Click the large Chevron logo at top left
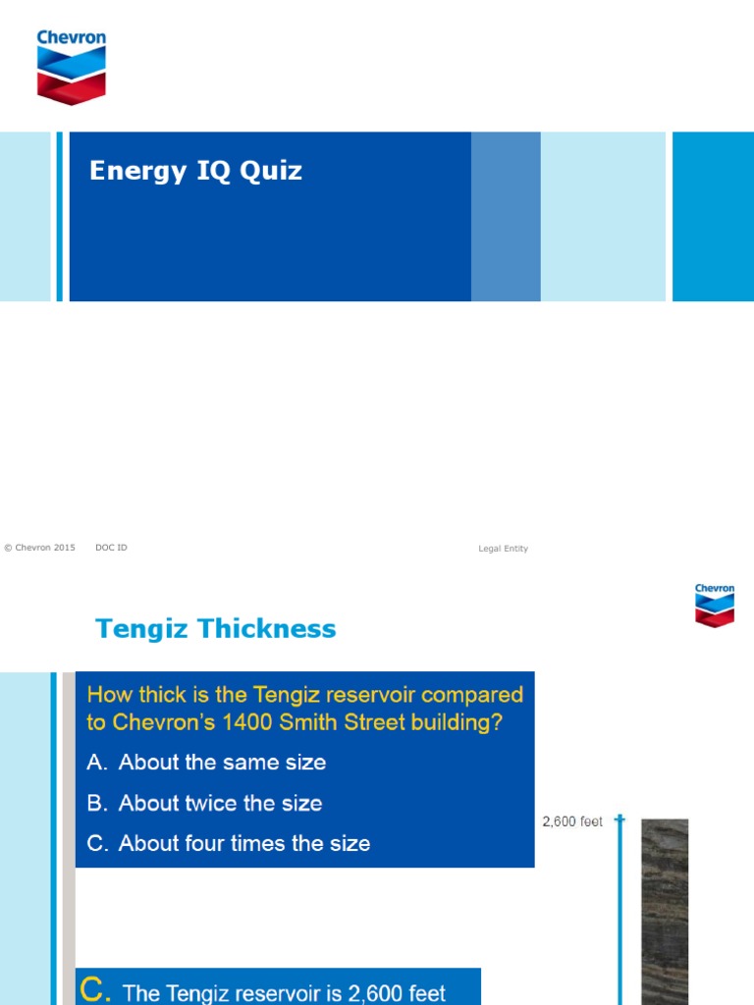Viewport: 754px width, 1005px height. (x=71, y=67)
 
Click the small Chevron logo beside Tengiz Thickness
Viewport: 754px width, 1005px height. (x=715, y=605)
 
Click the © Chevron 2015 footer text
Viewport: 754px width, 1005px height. (x=39, y=548)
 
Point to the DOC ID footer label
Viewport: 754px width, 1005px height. (x=111, y=548)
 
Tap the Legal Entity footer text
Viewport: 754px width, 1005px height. (x=503, y=549)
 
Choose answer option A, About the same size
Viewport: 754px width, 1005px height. (x=206, y=763)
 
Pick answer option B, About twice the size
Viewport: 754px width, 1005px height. (x=204, y=803)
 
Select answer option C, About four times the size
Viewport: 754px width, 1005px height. (x=228, y=843)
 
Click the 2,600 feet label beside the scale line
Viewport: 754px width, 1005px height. (x=572, y=821)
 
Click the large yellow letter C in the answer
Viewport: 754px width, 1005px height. (x=94, y=990)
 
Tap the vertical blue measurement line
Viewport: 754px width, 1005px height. (x=619, y=913)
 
